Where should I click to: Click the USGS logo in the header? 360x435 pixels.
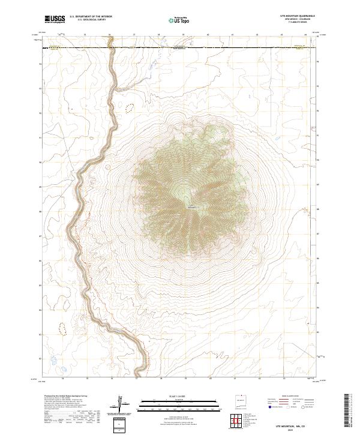tap(55, 19)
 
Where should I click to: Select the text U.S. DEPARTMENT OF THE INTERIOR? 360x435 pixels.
tap(91, 16)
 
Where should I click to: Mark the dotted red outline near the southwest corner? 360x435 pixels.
tap(61, 326)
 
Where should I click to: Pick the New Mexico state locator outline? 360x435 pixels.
tap(239, 401)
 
